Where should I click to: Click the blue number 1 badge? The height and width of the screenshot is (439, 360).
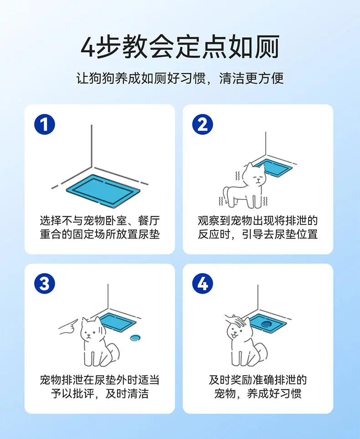[x=45, y=124]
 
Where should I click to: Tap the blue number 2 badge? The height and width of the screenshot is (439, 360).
[x=202, y=124]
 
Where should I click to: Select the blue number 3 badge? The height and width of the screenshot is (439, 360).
[x=45, y=283]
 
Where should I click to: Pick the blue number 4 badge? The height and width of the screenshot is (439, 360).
[x=202, y=283]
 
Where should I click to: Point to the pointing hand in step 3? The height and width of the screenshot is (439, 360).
[x=68, y=327]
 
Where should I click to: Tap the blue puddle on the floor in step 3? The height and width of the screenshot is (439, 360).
[x=135, y=337]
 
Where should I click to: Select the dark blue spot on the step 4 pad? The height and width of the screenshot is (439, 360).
[x=266, y=324]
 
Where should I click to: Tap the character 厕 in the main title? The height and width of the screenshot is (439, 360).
[x=267, y=47]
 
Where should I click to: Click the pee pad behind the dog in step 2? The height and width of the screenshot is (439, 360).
[x=276, y=168]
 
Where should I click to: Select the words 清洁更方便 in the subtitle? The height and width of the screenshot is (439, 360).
[x=251, y=78]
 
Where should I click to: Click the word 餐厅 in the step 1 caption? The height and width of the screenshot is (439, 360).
[x=149, y=220]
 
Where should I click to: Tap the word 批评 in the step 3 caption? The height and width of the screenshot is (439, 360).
[x=83, y=393]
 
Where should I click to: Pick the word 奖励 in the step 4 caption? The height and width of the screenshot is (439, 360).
[x=241, y=380]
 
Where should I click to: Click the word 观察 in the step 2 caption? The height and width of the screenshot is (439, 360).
[x=209, y=220]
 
